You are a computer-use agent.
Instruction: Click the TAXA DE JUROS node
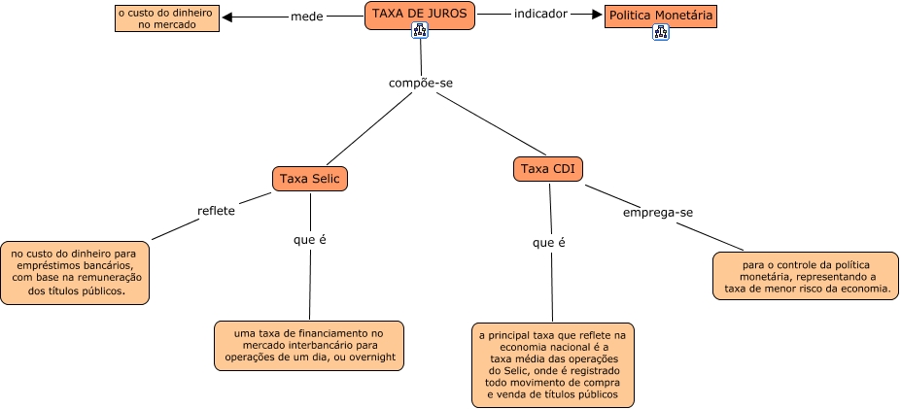(x=420, y=14)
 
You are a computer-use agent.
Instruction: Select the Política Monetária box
(x=660, y=16)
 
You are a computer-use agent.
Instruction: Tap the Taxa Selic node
(x=309, y=179)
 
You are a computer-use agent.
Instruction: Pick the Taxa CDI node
(x=548, y=170)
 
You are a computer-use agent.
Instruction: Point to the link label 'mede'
(x=306, y=17)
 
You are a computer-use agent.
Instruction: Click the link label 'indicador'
(x=539, y=15)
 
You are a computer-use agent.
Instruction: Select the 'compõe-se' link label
(x=420, y=83)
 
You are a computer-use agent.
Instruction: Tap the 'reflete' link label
(x=216, y=209)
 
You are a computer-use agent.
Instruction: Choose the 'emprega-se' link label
(x=658, y=212)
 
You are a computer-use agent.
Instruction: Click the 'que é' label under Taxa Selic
(x=309, y=239)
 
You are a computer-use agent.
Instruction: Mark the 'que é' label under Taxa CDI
(x=548, y=243)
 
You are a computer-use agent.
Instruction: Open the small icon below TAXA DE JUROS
(x=420, y=31)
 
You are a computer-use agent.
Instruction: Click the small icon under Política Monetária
(x=661, y=32)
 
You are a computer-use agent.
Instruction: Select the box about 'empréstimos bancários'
(x=76, y=272)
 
